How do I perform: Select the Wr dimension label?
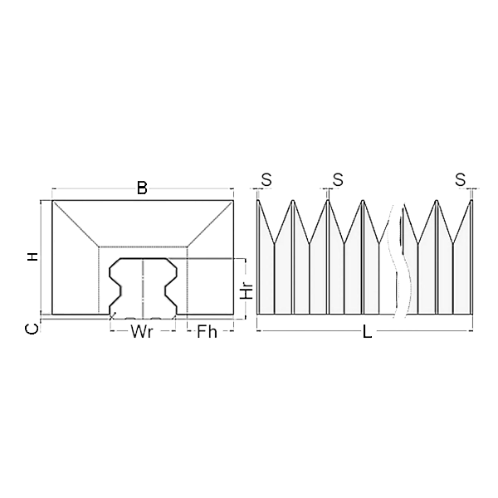click(x=141, y=333)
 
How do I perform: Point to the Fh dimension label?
click(x=206, y=333)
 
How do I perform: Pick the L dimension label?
click(x=367, y=333)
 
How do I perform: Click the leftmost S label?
click(x=266, y=179)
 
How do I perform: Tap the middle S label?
click(x=337, y=179)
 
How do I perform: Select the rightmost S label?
click(x=461, y=179)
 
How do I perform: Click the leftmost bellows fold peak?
click(x=259, y=201)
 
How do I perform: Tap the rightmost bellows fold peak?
click(x=471, y=201)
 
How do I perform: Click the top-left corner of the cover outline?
click(x=52, y=201)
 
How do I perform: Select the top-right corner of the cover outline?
click(x=233, y=201)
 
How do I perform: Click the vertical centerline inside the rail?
click(x=143, y=290)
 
